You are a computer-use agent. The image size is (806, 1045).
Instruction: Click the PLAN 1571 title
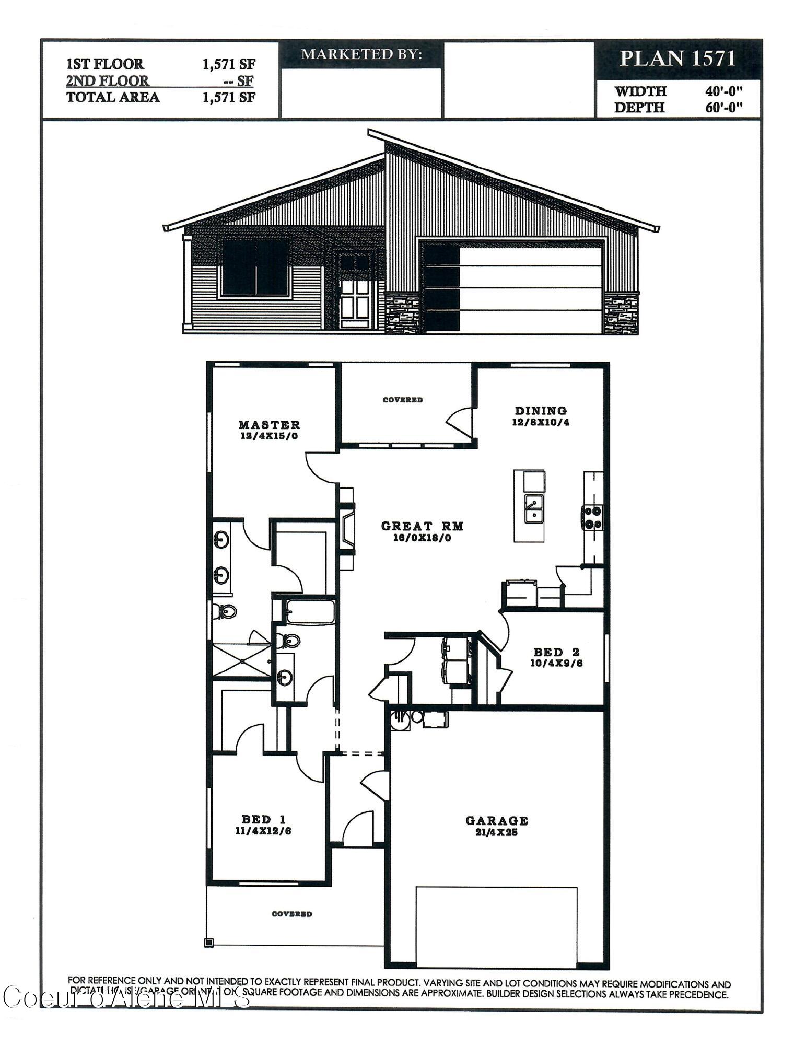tap(677, 58)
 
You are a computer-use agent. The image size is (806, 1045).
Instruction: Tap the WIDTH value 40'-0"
tap(723, 91)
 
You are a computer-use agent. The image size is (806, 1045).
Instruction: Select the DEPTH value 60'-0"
tap(723, 108)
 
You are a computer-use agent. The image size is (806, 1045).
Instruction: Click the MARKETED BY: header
tap(361, 54)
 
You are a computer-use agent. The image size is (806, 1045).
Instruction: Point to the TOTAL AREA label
tap(113, 97)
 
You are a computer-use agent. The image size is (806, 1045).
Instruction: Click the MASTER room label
tap(269, 425)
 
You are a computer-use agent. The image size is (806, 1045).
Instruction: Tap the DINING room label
tap(541, 411)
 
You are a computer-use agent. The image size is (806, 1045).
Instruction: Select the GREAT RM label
tap(422, 526)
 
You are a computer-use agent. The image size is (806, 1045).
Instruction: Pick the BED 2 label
tap(556, 652)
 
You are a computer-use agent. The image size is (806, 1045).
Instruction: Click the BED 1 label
tap(263, 819)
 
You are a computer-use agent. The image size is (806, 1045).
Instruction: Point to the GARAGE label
tap(497, 821)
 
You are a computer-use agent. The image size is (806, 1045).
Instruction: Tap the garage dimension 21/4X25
tap(497, 832)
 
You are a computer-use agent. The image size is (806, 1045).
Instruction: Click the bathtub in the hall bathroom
tap(310, 611)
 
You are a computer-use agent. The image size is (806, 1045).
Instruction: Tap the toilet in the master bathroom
tap(225, 611)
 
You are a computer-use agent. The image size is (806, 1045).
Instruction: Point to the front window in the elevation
tap(255, 268)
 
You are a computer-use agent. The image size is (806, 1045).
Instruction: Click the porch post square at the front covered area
tap(209, 943)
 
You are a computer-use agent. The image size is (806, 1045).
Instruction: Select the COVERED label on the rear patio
tap(402, 400)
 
